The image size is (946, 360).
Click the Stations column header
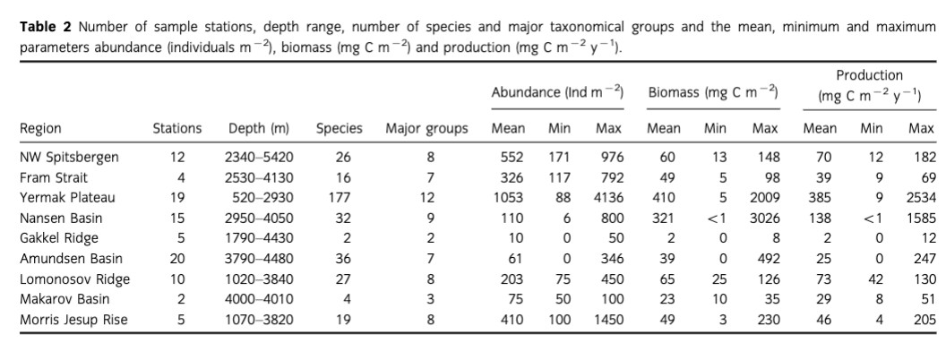[x=177, y=129]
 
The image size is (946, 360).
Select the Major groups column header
[x=426, y=129]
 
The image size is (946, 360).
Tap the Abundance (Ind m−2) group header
[x=558, y=92]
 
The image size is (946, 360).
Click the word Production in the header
[x=869, y=76]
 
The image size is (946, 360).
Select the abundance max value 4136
[x=608, y=197]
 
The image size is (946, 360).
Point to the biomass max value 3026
[x=764, y=218]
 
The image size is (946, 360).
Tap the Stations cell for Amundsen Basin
[x=177, y=259]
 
